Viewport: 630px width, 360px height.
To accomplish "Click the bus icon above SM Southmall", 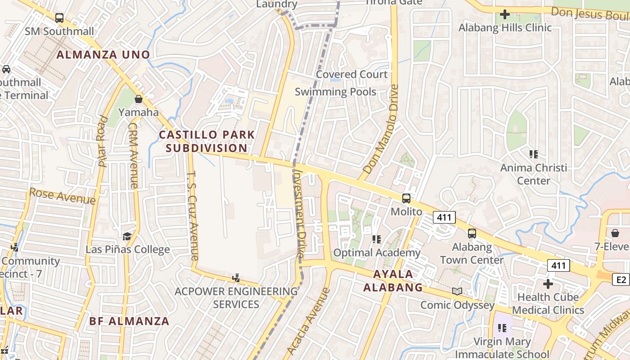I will tap(59, 18).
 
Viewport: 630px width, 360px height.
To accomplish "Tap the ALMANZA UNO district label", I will tap(103, 55).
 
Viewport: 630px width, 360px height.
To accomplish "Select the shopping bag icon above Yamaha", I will tap(139, 99).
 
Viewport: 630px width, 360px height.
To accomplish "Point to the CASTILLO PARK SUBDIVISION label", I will tap(207, 141).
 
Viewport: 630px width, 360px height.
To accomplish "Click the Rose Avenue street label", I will tap(62, 196).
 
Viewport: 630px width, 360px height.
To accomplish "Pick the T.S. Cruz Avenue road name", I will tap(192, 216).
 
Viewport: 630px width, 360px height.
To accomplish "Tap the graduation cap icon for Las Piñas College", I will tap(127, 236).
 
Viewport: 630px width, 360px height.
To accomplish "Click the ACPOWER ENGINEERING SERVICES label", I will tap(236, 297).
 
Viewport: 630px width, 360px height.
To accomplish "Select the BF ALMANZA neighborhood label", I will tap(129, 321).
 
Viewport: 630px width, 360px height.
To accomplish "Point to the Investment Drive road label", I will tap(299, 213).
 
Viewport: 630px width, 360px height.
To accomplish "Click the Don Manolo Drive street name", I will tap(382, 130).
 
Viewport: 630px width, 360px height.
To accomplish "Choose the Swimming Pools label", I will tap(335, 92).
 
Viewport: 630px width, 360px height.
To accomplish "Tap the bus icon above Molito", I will tap(406, 198).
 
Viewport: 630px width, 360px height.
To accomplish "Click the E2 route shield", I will tap(621, 280).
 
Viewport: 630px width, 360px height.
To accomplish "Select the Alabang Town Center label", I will tap(472, 253).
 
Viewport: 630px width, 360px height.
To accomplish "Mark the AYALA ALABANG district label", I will tap(393, 281).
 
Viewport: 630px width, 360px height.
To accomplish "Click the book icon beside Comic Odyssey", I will tap(457, 292).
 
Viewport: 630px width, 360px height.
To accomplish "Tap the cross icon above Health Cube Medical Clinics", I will tap(548, 284).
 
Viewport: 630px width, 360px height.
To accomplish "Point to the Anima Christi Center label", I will tap(534, 174).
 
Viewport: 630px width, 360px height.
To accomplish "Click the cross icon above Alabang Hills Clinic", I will tap(505, 14).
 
